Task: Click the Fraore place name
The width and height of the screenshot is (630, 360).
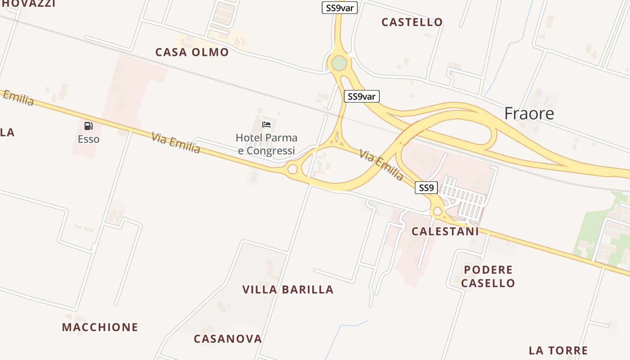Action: pos(529,113)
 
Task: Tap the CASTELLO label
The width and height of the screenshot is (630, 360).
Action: pos(412,22)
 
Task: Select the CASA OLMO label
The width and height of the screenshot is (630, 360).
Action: pos(192,52)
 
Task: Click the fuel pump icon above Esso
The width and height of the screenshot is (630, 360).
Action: pos(88,126)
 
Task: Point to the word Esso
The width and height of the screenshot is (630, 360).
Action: pos(88,139)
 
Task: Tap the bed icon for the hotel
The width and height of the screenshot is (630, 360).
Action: pos(266,124)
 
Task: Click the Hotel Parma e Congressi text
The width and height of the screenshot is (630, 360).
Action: pos(266,144)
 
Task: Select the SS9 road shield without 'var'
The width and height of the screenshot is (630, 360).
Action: pos(426,188)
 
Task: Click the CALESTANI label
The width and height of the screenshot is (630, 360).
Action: pos(445,231)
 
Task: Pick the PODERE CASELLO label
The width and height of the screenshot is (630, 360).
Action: pos(488,276)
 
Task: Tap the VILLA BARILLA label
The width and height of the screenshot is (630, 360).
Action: pos(288,289)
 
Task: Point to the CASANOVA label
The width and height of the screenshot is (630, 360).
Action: pos(228,339)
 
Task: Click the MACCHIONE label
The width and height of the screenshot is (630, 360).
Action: pos(100,327)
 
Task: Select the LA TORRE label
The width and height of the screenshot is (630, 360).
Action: pos(558,351)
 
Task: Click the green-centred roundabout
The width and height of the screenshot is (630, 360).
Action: pos(339,63)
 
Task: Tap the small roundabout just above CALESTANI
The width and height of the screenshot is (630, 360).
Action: pos(437,211)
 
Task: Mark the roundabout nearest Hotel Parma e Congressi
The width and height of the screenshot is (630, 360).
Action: pos(292,169)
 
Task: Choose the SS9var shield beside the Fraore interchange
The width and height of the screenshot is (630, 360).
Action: pos(362,96)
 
